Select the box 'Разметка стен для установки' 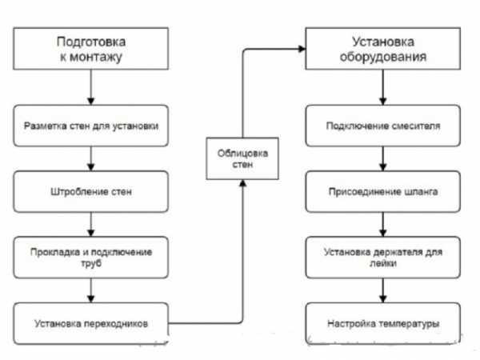coord(91,126)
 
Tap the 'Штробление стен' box coord(91,192)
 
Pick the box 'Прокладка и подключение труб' coord(91,258)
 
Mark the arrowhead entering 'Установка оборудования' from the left coord(303,50)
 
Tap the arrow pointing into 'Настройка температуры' coord(383,294)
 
